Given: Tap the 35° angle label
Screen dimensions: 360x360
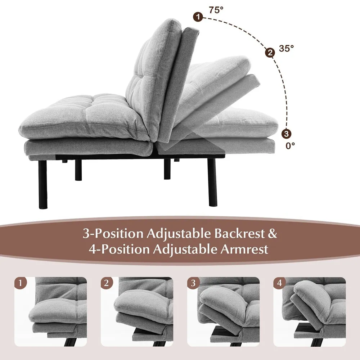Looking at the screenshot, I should point(286,48).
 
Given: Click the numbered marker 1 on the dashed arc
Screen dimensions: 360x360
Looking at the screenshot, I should point(197,16).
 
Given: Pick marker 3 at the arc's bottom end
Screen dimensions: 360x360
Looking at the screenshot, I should point(286,134).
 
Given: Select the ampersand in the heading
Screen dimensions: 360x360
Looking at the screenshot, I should point(273,234).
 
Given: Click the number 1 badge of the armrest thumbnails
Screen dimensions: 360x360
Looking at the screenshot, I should point(22,283).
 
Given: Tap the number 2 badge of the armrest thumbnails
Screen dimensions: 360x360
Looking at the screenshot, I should point(106,283).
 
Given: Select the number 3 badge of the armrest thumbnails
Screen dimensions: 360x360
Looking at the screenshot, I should point(193,283).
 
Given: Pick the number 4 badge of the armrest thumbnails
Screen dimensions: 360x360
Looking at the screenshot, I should point(279,283).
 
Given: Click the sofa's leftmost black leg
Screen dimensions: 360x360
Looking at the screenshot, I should point(43,184).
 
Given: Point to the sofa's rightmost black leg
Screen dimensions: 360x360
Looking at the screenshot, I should point(212,182).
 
